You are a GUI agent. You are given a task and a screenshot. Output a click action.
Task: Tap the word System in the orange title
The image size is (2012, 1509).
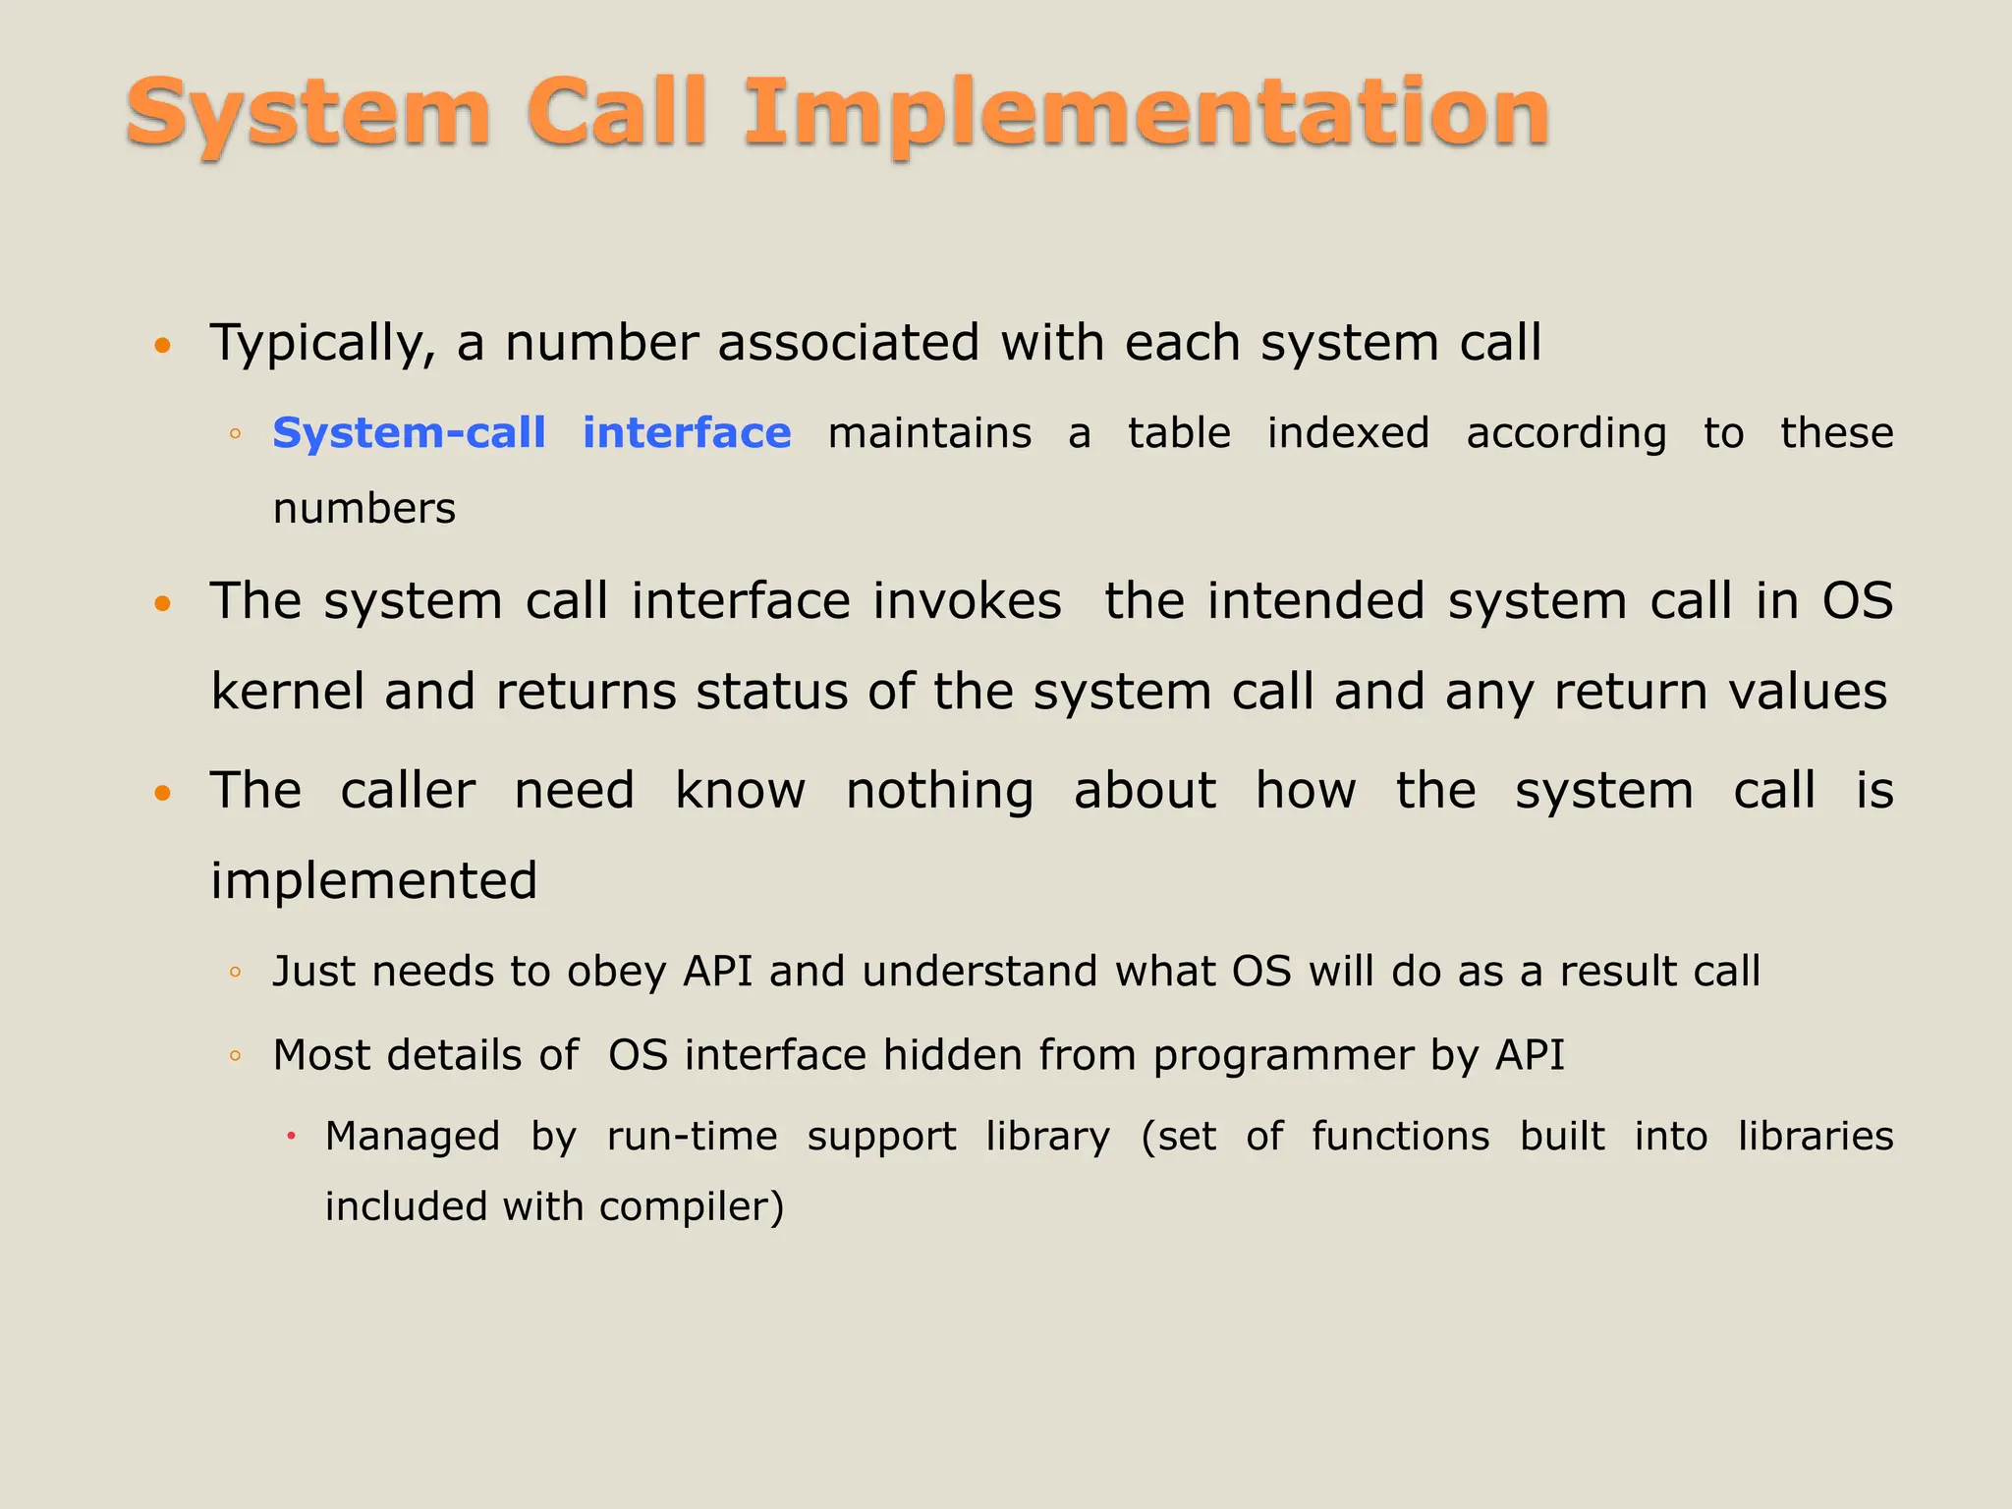(x=307, y=115)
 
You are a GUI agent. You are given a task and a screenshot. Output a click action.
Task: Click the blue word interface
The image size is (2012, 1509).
(x=687, y=433)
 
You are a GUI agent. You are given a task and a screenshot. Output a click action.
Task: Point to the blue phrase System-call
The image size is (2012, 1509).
(x=409, y=433)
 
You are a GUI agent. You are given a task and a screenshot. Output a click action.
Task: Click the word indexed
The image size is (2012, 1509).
(x=1348, y=433)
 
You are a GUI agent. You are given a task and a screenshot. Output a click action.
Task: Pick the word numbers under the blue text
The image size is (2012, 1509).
(x=364, y=509)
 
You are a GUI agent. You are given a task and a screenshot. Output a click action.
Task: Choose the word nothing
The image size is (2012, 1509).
(x=939, y=792)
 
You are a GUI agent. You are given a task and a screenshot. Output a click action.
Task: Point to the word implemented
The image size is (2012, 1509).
(x=374, y=881)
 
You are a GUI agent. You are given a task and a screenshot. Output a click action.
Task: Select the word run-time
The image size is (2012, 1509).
(x=692, y=1137)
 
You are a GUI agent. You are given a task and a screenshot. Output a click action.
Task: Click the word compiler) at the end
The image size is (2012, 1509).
(x=692, y=1207)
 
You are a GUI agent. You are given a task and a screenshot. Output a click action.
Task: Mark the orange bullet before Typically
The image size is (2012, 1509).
(x=163, y=345)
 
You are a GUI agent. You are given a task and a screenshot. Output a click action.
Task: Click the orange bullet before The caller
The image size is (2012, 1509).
(x=163, y=792)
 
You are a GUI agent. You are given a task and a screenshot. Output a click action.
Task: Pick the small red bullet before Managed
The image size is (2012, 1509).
(x=291, y=1137)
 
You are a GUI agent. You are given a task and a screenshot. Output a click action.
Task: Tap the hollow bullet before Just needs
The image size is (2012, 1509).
(x=235, y=973)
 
